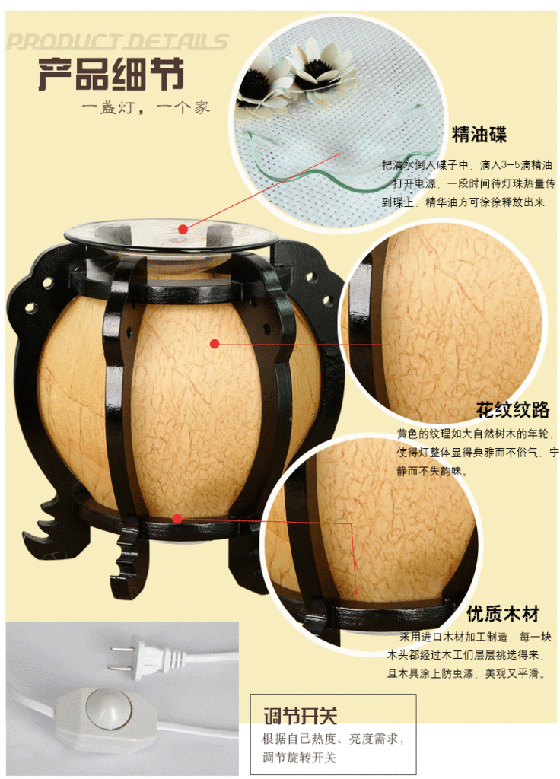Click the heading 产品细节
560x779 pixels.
pyautogui.click(x=111, y=74)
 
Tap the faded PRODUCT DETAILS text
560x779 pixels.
pyautogui.click(x=117, y=42)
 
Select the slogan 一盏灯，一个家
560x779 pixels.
pyautogui.click(x=146, y=107)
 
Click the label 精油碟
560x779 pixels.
pyautogui.click(x=479, y=134)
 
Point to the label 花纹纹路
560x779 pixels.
pyautogui.click(x=513, y=409)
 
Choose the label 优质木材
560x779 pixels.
pyautogui.click(x=503, y=614)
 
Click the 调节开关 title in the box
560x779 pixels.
pyautogui.click(x=300, y=716)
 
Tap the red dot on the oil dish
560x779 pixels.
pyautogui.click(x=183, y=229)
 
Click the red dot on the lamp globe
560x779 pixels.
pyautogui.click(x=215, y=344)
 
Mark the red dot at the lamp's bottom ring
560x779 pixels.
pyautogui.click(x=177, y=519)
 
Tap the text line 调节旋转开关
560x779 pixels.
pyautogui.click(x=299, y=757)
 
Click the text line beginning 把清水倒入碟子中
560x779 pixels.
pyautogui.click(x=466, y=165)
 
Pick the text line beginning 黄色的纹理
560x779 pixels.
pyautogui.click(x=475, y=434)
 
